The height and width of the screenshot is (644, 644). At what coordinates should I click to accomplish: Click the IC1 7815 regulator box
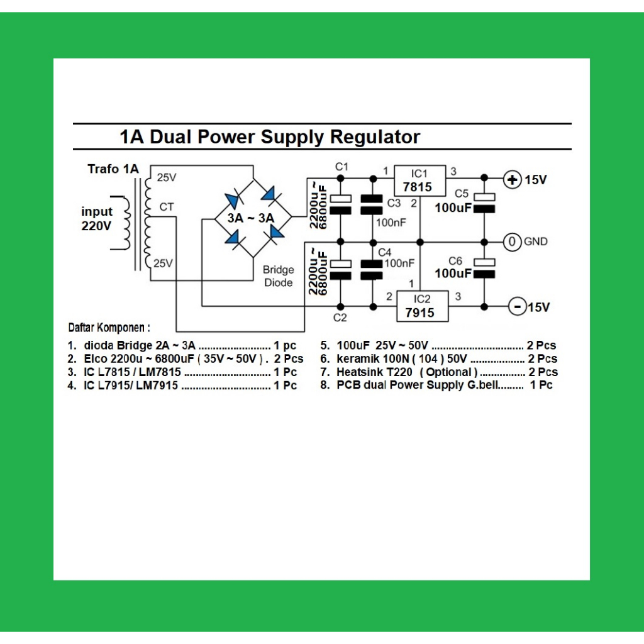[419, 180]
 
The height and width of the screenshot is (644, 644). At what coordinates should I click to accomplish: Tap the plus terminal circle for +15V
[513, 180]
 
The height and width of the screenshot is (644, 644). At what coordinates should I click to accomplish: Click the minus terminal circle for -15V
[516, 307]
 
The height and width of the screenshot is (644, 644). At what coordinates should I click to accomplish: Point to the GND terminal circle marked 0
[513, 241]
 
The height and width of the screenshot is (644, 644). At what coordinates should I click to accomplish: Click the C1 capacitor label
[341, 167]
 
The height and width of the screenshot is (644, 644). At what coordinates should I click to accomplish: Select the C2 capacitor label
[340, 318]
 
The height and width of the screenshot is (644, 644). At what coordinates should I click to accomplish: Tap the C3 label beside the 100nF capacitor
[394, 203]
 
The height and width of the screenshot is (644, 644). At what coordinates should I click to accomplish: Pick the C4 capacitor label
[385, 253]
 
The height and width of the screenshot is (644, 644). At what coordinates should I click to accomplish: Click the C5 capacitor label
[462, 193]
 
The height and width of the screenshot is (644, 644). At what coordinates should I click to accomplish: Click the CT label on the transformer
[167, 206]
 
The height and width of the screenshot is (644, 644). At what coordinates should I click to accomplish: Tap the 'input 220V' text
[97, 219]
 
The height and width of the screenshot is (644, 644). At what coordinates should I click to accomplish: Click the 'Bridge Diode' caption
[278, 276]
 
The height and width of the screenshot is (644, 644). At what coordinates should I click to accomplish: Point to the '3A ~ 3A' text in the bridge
[251, 218]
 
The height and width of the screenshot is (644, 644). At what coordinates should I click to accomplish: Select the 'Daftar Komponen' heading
[109, 328]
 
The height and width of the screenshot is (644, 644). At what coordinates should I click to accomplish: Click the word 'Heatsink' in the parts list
[359, 372]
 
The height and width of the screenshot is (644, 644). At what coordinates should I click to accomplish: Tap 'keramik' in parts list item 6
[357, 359]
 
